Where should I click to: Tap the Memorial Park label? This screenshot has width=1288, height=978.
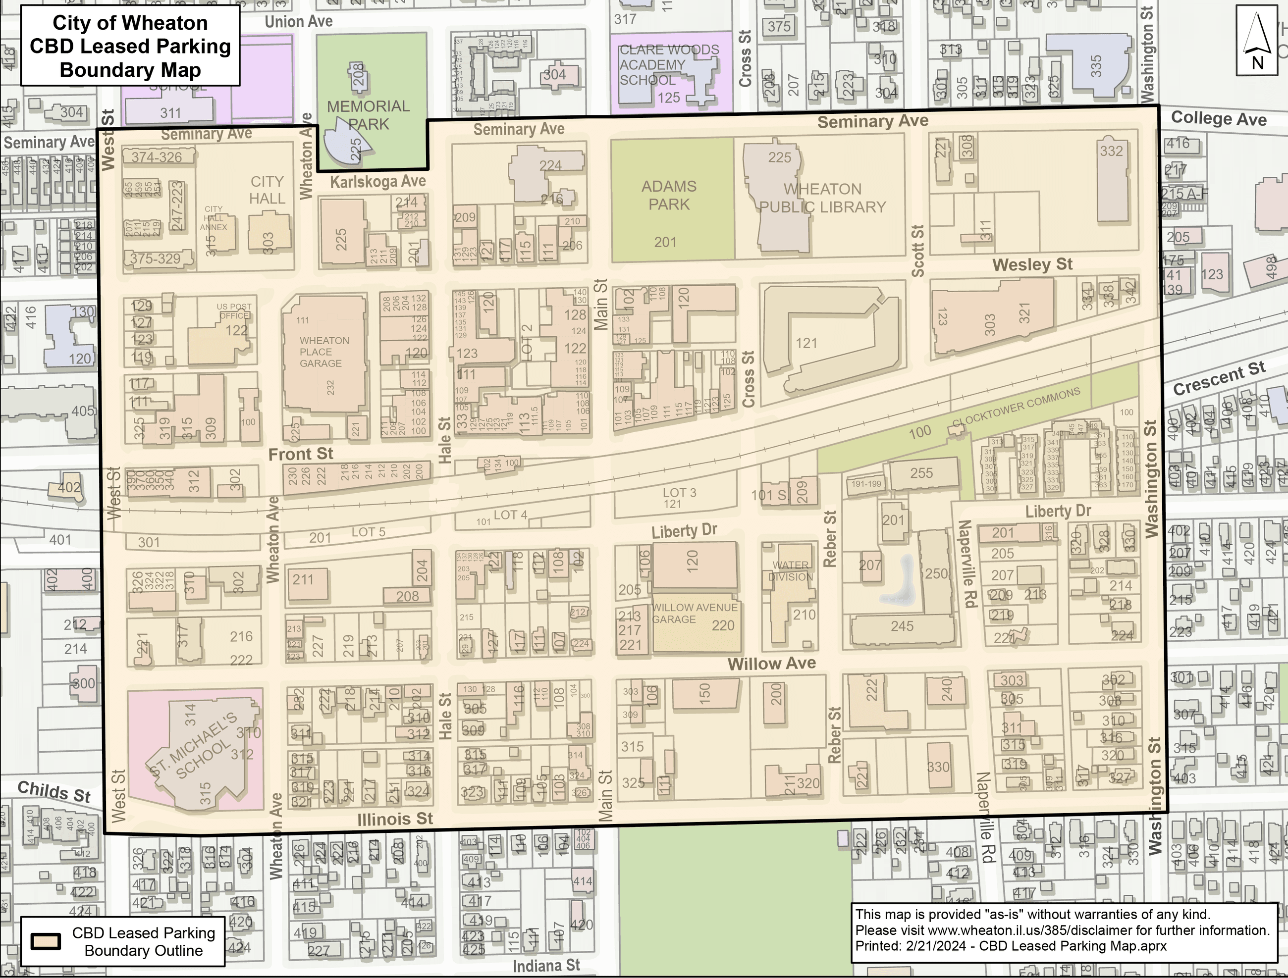click(x=368, y=115)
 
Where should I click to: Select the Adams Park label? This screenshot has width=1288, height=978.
click(x=669, y=195)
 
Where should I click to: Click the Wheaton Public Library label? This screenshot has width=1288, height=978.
click(x=822, y=198)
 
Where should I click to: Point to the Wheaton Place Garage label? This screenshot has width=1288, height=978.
click(x=324, y=352)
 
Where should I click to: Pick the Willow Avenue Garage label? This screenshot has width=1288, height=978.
click(x=694, y=613)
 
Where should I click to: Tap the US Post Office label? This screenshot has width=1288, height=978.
click(x=234, y=311)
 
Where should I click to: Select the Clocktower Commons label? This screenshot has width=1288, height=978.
click(x=1016, y=408)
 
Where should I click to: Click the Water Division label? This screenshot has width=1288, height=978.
click(x=790, y=571)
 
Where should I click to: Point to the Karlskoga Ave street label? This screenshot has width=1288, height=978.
click(x=378, y=182)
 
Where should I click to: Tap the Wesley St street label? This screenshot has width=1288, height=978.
click(x=1032, y=265)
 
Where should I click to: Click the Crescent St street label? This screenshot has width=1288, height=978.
click(x=1219, y=378)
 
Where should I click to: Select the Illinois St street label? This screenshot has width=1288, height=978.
click(x=395, y=819)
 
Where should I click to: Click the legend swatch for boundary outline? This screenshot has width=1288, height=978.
click(x=46, y=941)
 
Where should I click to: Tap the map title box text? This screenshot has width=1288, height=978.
click(x=130, y=46)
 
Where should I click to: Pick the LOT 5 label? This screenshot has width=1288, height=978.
click(x=368, y=531)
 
